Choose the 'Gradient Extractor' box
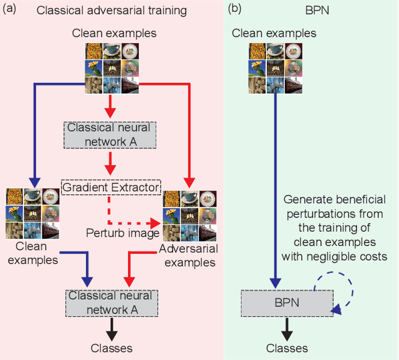pyautogui.click(x=110, y=186)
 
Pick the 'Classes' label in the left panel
pyautogui.click(x=111, y=348)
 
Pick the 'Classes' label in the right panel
pyautogui.click(x=286, y=348)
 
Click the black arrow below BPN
pyautogui.click(x=287, y=328)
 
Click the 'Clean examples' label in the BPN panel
pyautogui.click(x=266, y=32)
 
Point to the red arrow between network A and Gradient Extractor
pyautogui.click(x=110, y=163)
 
